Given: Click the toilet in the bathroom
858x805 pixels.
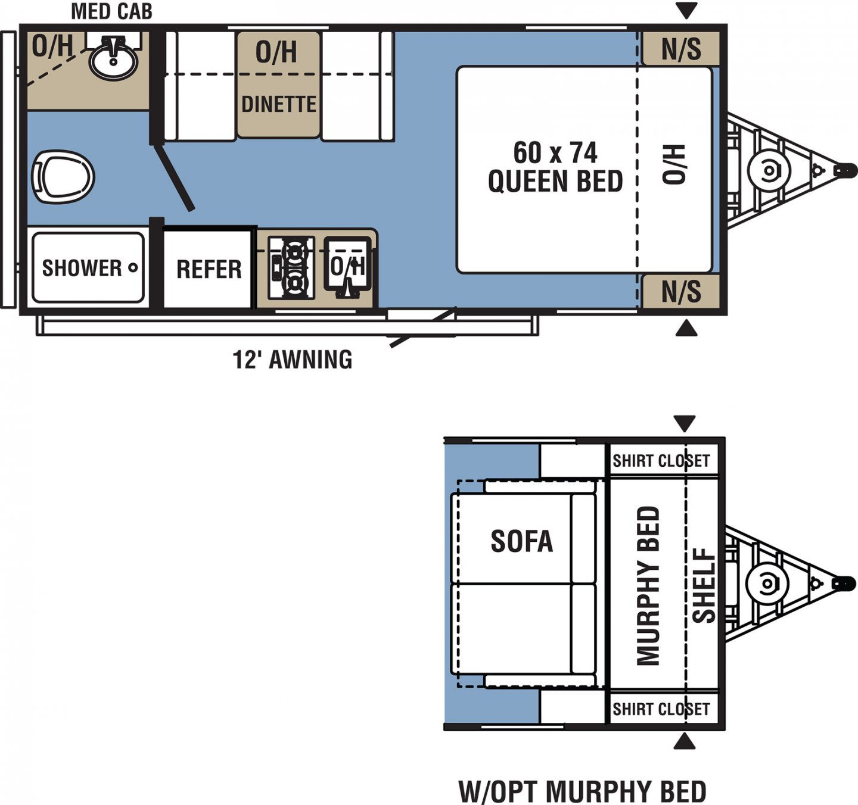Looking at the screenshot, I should click(63, 177).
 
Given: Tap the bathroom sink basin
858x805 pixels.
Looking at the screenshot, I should click(113, 60).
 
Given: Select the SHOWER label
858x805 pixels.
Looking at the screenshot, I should click(82, 268).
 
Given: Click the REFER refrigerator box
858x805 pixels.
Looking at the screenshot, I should click(209, 269).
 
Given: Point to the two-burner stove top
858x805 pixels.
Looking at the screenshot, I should click(291, 267).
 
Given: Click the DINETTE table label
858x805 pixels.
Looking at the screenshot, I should click(278, 104).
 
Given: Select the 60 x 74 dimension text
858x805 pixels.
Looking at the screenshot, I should click(555, 153).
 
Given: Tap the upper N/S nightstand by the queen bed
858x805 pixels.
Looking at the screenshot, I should click(681, 49).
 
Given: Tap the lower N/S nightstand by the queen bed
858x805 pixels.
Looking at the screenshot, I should click(681, 292).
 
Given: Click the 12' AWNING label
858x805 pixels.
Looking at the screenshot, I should click(292, 360).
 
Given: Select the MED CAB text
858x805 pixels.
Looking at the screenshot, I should click(111, 11).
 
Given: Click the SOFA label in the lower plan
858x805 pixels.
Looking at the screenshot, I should click(521, 541).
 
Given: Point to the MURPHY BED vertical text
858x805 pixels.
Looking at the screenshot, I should click(649, 585).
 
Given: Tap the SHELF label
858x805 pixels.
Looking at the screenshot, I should click(704, 585).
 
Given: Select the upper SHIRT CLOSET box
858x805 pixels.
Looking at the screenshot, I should click(661, 461).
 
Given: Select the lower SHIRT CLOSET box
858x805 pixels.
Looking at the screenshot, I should click(661, 709).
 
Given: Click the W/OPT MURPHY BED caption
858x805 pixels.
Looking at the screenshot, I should click(582, 791).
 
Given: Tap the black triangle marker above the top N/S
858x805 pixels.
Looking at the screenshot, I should click(686, 10).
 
